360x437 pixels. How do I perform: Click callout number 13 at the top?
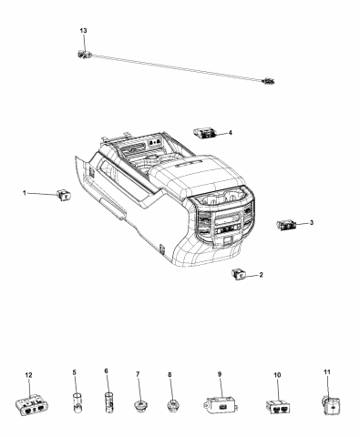tap(84, 31)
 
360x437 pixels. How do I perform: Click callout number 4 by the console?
tap(230, 133)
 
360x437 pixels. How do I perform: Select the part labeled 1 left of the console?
tap(64, 193)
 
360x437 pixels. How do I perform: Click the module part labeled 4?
tap(205, 134)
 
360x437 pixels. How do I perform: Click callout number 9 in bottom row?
tap(219, 373)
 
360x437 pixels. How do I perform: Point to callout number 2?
tap(262, 274)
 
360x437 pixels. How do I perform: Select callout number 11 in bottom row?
tap(327, 372)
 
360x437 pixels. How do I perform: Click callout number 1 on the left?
tap(26, 193)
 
